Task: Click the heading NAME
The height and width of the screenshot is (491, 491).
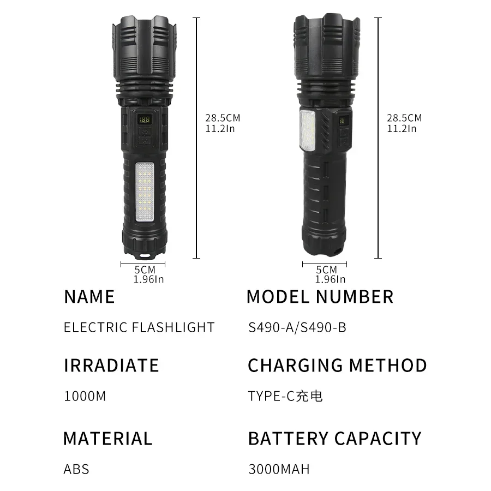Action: pyautogui.click(x=89, y=297)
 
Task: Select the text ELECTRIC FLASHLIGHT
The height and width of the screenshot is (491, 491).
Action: pyautogui.click(x=139, y=327)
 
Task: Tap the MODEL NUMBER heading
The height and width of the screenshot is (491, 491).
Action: pyautogui.click(x=320, y=297)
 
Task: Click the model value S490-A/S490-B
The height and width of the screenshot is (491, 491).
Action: pyautogui.click(x=297, y=327)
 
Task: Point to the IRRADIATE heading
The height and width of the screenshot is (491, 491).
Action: pyautogui.click(x=111, y=366)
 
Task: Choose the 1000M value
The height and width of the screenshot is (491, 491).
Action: pyautogui.click(x=85, y=396)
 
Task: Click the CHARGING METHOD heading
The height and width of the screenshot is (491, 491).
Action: pyautogui.click(x=337, y=366)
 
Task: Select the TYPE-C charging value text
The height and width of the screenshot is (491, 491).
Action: pyautogui.click(x=285, y=396)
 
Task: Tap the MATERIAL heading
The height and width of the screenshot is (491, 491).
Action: pyautogui.click(x=107, y=439)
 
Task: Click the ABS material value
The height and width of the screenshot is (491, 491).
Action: pyautogui.click(x=76, y=469)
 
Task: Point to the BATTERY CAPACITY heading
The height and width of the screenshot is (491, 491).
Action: pyautogui.click(x=334, y=439)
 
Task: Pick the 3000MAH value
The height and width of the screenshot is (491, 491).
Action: pyautogui.click(x=279, y=469)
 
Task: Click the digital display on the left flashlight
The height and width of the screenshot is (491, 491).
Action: pyautogui.click(x=145, y=119)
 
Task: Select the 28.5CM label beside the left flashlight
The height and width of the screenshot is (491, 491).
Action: pyautogui.click(x=223, y=118)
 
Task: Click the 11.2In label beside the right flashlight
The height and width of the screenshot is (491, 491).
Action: pyautogui.click(x=402, y=129)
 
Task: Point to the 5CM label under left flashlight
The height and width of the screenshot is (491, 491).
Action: pyautogui.click(x=145, y=270)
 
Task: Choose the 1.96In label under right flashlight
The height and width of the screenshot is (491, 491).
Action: pyautogui.click(x=330, y=279)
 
